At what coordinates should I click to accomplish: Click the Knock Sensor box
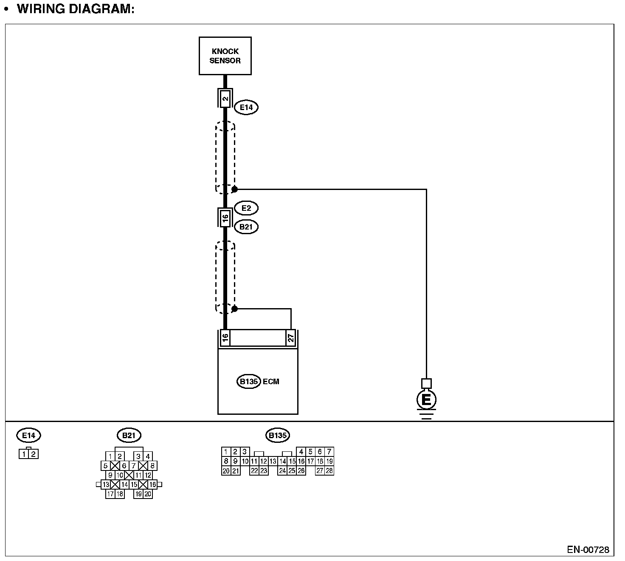[x=225, y=56]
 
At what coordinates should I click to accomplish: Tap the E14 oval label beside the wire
[x=246, y=107]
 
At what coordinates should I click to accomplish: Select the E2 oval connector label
[x=246, y=208]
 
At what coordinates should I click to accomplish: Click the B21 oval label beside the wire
[x=246, y=227]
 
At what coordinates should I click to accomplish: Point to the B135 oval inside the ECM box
[x=248, y=381]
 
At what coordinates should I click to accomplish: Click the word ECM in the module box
[x=271, y=381]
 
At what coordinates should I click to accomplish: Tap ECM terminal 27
[x=291, y=338]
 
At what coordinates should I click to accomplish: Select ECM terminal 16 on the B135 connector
[x=225, y=338]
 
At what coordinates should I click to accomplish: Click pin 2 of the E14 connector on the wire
[x=225, y=99]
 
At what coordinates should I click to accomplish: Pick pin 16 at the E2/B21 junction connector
[x=225, y=218]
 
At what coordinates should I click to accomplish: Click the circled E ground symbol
[x=426, y=400]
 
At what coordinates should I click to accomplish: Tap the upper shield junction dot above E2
[x=234, y=189]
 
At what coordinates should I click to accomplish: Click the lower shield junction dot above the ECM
[x=234, y=309]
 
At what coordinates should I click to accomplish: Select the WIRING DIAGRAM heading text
[x=76, y=9]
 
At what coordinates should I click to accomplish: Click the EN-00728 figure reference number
[x=588, y=550]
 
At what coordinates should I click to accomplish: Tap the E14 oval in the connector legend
[x=29, y=435]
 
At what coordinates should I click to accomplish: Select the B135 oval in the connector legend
[x=278, y=435]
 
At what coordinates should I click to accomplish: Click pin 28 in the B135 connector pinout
[x=329, y=470]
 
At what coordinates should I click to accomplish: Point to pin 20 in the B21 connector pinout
[x=148, y=494]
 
